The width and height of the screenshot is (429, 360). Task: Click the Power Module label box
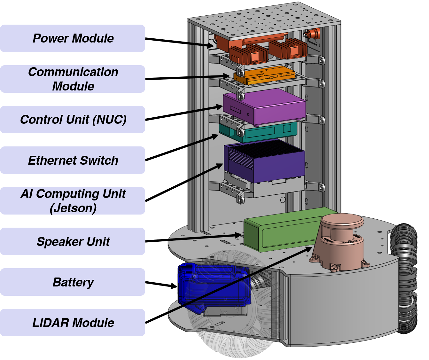point(73,38)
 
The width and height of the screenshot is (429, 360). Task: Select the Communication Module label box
point(73,79)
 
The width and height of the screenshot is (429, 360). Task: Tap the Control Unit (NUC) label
point(73,120)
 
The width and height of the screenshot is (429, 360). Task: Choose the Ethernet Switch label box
point(73,160)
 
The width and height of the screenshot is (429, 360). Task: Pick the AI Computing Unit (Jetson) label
point(73,201)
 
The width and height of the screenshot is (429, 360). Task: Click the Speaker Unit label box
point(73,241)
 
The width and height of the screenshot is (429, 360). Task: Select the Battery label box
point(73,282)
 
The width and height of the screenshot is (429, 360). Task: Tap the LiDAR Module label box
point(73,323)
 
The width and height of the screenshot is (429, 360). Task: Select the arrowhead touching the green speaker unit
point(239,235)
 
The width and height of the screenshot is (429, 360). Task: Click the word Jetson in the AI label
point(73,208)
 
